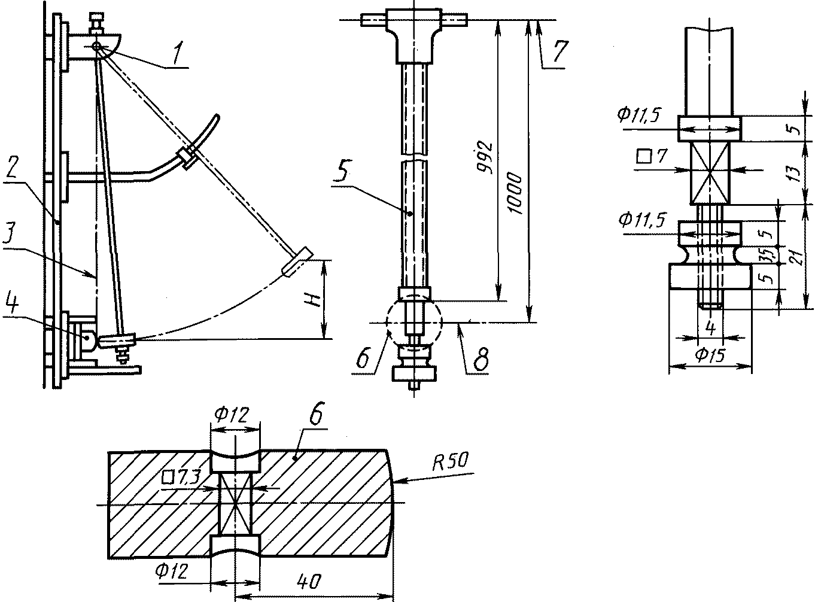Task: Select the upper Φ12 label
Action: [x=232, y=414]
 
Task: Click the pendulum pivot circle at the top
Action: [x=96, y=46]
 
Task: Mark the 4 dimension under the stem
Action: [x=711, y=327]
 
